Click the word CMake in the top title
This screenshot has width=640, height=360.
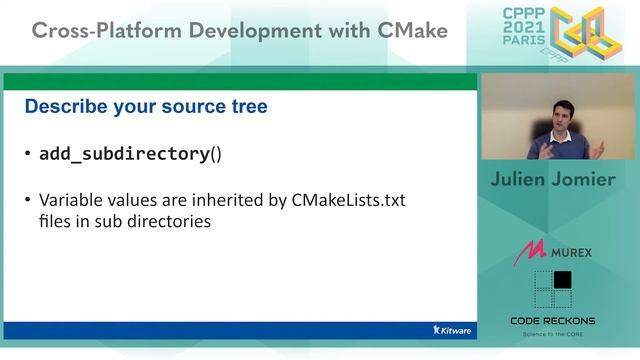click(410, 31)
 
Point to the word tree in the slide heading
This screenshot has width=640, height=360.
click(246, 106)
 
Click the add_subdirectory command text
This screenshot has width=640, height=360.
click(124, 154)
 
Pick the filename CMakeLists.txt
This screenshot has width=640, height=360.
click(350, 201)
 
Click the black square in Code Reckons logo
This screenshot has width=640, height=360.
click(563, 280)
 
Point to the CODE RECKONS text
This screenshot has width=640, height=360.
click(552, 321)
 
